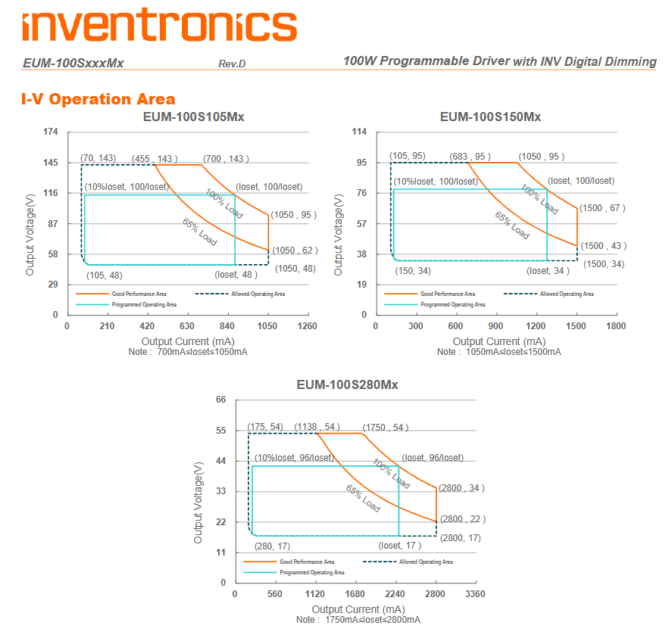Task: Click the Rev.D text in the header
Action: [x=232, y=64]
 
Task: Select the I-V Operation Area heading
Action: [x=98, y=99]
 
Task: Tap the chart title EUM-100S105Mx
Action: [x=194, y=117]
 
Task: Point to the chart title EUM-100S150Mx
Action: [x=490, y=117]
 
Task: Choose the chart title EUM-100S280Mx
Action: [x=347, y=384]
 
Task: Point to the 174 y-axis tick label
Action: [x=51, y=132]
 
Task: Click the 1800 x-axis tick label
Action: [x=616, y=326]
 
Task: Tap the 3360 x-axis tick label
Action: [x=475, y=594]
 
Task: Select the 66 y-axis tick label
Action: [x=221, y=400]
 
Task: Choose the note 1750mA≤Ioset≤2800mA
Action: [x=358, y=620]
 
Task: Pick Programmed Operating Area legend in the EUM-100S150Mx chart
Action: [x=452, y=304]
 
